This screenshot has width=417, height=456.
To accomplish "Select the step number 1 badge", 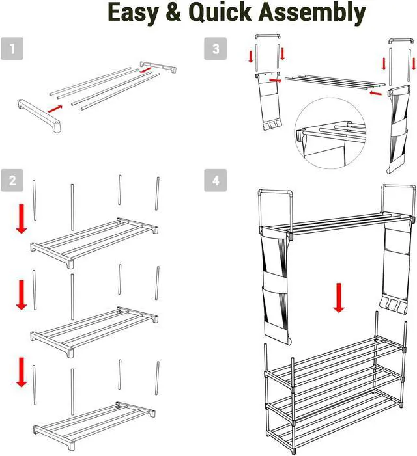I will point(12,49).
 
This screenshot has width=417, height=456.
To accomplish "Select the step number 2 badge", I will point(12,181).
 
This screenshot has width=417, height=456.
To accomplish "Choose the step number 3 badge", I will point(215,49).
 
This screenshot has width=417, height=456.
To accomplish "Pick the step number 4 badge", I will point(215,181).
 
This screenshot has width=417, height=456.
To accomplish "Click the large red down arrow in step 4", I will point(338,297).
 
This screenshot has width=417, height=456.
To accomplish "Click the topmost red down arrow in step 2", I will point(22,219).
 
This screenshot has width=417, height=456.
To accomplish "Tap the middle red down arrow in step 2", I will point(22,295).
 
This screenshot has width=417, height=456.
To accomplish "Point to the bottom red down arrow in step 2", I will point(22,371).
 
